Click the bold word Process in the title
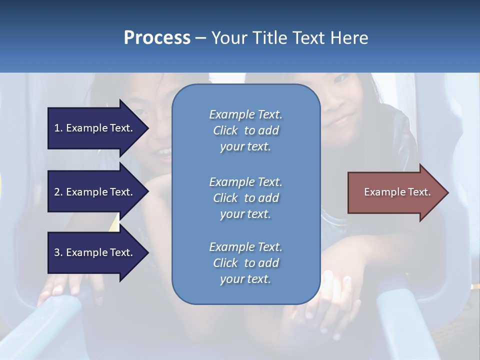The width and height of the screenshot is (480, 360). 157,38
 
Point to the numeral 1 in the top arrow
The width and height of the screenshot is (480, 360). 57,128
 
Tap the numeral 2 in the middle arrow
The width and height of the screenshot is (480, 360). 57,192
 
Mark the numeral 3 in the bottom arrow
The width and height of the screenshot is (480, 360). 57,252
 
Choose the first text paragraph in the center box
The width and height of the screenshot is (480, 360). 245,130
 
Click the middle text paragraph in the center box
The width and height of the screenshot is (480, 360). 245,198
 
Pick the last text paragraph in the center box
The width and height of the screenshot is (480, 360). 245,263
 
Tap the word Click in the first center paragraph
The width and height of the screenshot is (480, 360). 225,130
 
